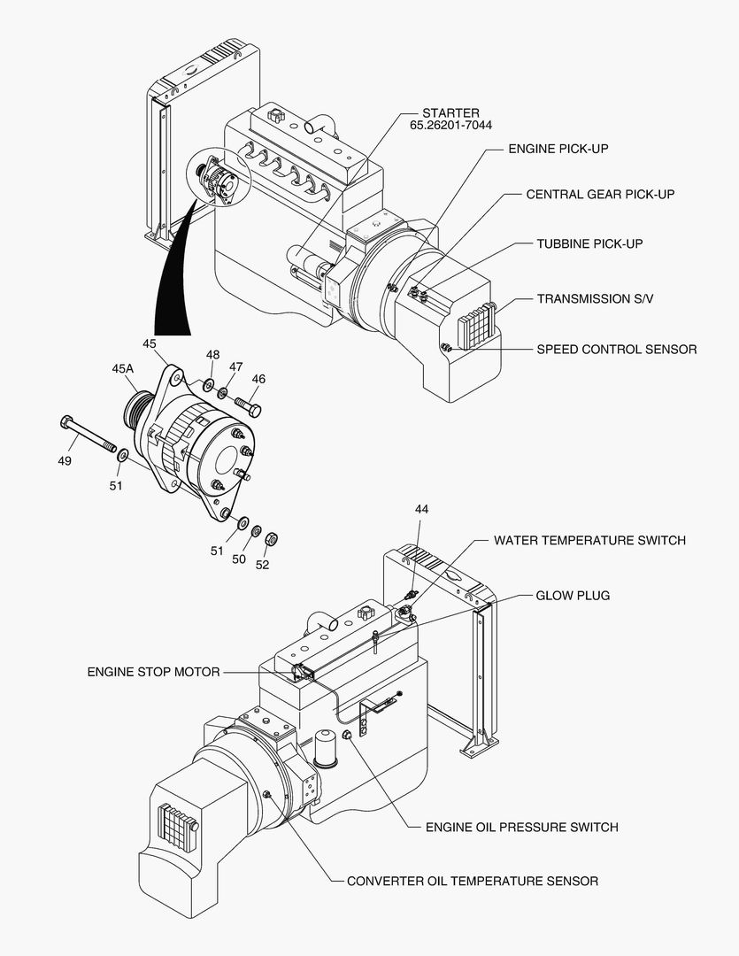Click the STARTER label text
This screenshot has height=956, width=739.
point(450,113)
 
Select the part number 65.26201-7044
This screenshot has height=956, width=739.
point(450,127)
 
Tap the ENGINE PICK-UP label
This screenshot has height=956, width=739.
point(558,149)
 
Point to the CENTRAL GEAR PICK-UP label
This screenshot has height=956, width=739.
point(600,194)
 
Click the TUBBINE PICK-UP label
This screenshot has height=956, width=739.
point(589,243)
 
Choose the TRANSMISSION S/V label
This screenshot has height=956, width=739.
point(595,299)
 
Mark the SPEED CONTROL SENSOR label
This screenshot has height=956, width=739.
point(616,349)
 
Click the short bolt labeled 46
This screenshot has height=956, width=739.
point(249,406)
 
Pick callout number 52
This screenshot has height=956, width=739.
point(263,565)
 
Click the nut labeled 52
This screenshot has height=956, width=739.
point(273,537)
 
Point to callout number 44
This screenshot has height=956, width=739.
point(421,509)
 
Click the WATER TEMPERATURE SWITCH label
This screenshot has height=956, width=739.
point(589,540)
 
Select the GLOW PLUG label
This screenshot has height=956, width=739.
point(573,596)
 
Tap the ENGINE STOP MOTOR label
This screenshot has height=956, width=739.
point(153,672)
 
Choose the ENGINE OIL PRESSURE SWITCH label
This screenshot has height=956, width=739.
point(521,827)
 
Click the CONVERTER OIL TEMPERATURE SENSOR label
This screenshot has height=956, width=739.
point(472,881)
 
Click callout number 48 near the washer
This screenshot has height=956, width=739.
point(212,354)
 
